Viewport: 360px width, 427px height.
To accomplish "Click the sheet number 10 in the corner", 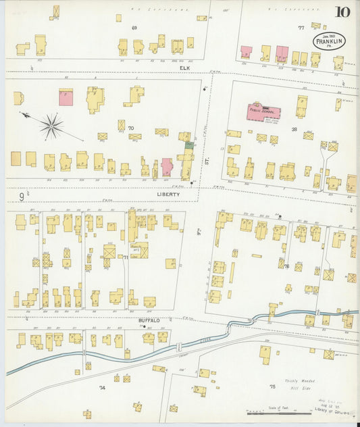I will point(342,12).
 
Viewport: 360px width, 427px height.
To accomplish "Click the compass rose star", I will point(51,125).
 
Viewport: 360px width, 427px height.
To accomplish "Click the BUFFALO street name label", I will point(149,320).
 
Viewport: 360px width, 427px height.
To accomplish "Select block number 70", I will point(131,128).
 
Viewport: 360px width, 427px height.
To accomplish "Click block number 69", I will point(134,28).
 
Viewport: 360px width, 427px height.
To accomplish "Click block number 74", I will point(102,388).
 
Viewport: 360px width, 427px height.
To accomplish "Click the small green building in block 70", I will point(189,144).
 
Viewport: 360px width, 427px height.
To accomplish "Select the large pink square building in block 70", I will point(66,97).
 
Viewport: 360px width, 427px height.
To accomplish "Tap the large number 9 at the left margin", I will point(22,197).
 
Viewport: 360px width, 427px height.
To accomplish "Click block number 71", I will point(126,257).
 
